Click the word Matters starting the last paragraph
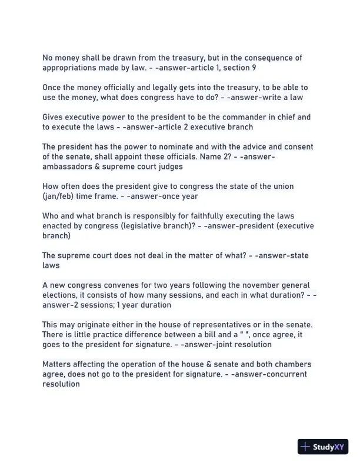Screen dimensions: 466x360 58,364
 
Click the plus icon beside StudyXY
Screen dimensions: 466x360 305,447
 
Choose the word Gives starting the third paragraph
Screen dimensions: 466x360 54,117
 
